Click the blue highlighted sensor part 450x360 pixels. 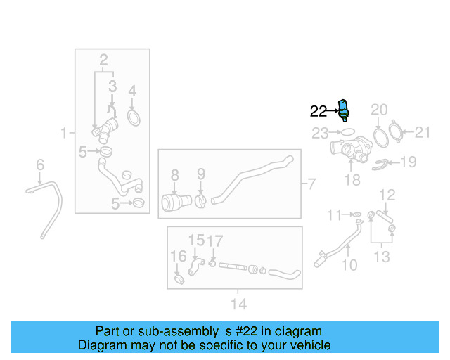344,110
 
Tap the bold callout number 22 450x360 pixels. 319,111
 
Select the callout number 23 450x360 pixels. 320,133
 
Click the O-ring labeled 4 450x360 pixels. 134,118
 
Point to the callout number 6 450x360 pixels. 40,165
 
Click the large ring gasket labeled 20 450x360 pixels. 381,138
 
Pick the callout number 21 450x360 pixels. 423,132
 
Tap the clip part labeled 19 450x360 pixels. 380,165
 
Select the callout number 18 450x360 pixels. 352,180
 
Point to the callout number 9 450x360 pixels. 201,174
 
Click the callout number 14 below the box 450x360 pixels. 239,304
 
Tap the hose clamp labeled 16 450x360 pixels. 179,279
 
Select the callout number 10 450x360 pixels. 349,265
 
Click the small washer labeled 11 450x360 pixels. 357,214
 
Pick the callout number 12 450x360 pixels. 387,195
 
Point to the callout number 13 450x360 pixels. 382,257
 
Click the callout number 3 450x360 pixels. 112,86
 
